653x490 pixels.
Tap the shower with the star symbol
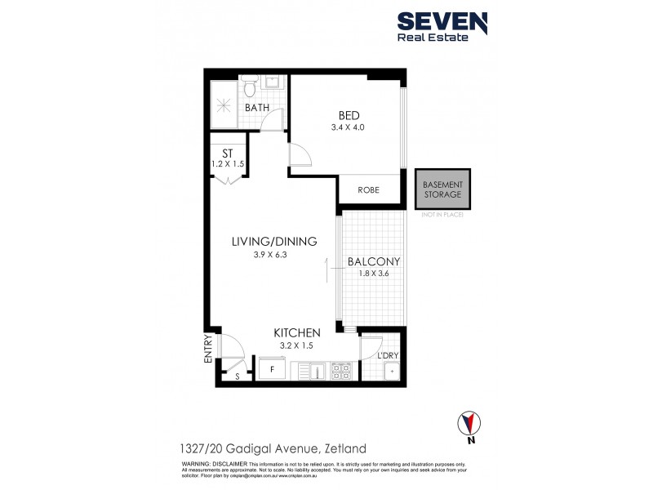point(223,105)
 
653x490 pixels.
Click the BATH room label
point(257,108)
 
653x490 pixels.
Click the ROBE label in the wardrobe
point(369,190)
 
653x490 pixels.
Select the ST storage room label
point(228,154)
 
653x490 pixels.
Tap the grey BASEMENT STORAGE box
point(442,189)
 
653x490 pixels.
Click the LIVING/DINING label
point(273,241)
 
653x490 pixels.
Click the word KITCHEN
point(296,332)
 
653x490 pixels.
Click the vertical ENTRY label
point(208,348)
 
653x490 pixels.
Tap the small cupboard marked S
point(238,376)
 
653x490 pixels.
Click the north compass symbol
point(467,425)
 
